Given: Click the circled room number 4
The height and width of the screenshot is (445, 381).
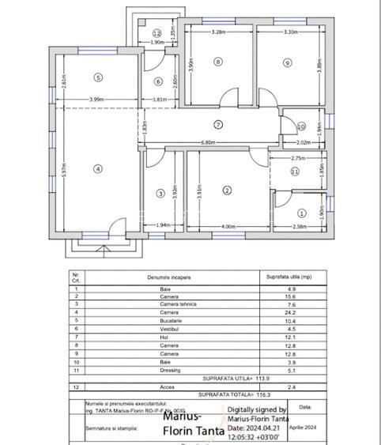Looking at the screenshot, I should pos(97,168).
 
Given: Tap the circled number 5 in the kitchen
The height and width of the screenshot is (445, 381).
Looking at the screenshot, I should pos(97,77).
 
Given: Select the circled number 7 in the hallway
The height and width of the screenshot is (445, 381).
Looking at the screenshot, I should pos(218,124).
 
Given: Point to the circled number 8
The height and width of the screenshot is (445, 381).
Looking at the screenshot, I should pos(219,62).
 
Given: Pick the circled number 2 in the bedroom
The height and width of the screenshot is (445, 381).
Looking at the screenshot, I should pos(227,190).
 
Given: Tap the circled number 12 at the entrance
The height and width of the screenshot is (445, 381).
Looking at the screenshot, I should pos(157,33).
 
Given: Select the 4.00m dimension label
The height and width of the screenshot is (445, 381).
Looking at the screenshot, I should pos(228,227).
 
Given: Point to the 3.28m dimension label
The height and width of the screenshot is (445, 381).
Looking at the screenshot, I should pos(219,32).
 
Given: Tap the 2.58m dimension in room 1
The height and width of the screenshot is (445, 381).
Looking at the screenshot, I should pos(300,227).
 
